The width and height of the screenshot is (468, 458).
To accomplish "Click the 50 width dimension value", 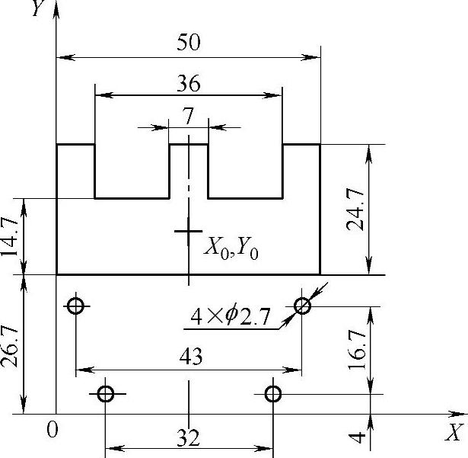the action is (x=189, y=43).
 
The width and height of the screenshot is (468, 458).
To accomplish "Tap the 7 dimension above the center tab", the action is (x=189, y=115).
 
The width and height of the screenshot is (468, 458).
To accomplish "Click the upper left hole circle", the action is (x=75, y=306).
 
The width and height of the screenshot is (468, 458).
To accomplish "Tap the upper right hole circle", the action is (x=303, y=306).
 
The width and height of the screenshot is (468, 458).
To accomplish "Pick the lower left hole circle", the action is (x=106, y=394).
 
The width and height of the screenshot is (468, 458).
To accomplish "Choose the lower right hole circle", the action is (x=273, y=394).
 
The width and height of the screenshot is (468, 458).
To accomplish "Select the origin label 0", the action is (x=51, y=430).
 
